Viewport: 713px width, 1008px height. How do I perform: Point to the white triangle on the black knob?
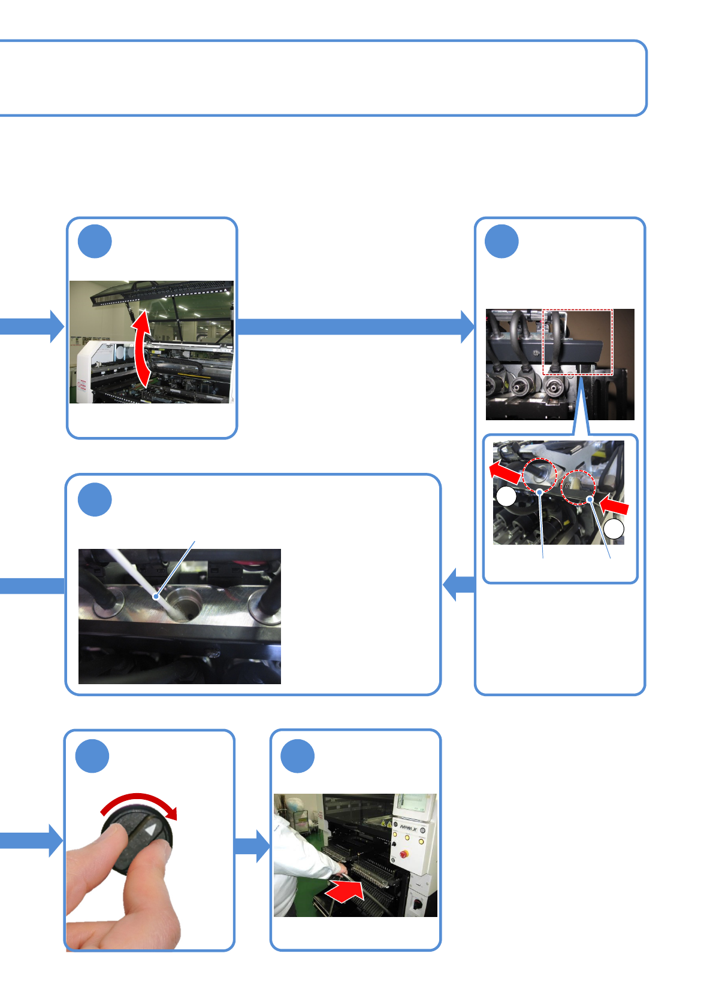click(151, 831)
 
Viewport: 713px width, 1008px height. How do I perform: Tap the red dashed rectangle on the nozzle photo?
click(577, 342)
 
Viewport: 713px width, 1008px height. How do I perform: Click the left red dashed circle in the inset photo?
click(540, 475)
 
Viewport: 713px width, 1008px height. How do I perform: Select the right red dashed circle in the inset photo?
click(578, 487)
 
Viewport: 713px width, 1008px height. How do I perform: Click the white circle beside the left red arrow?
click(507, 496)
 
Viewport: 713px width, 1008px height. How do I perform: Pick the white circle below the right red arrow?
click(614, 529)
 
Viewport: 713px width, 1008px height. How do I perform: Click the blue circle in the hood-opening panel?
click(95, 241)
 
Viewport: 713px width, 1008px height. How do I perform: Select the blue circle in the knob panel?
click(92, 755)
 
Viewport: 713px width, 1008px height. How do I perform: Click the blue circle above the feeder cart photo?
click(298, 755)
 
